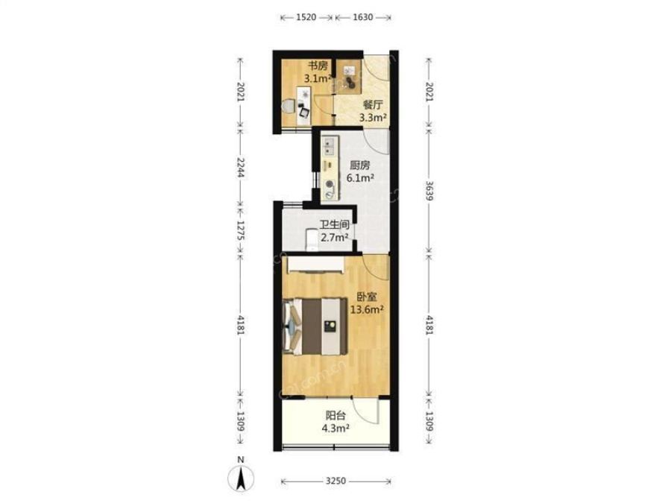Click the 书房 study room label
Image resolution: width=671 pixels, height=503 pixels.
click(x=319, y=66)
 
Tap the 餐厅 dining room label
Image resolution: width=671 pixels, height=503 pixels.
click(x=373, y=104)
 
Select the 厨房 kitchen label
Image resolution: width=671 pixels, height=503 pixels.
click(x=360, y=165)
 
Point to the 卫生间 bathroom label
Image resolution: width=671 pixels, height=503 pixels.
click(x=335, y=224)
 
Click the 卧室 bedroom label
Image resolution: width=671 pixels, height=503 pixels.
click(x=367, y=297)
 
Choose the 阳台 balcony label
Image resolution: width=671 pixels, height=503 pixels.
click(x=336, y=415)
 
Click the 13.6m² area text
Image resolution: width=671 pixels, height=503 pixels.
click(x=367, y=309)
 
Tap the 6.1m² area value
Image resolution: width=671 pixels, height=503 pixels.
click(x=361, y=178)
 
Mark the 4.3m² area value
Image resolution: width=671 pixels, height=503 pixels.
click(x=336, y=428)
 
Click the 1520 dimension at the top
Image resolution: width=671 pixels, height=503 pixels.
click(x=306, y=17)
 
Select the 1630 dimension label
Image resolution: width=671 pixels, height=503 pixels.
click(x=363, y=17)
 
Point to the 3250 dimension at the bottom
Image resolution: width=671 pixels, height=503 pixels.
click(x=335, y=481)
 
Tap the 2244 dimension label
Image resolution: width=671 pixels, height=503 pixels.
click(x=241, y=168)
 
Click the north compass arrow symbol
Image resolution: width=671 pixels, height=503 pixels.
click(x=241, y=476)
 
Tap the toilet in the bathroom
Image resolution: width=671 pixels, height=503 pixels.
click(x=312, y=240)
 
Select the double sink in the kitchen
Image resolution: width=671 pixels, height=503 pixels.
click(x=329, y=146)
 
